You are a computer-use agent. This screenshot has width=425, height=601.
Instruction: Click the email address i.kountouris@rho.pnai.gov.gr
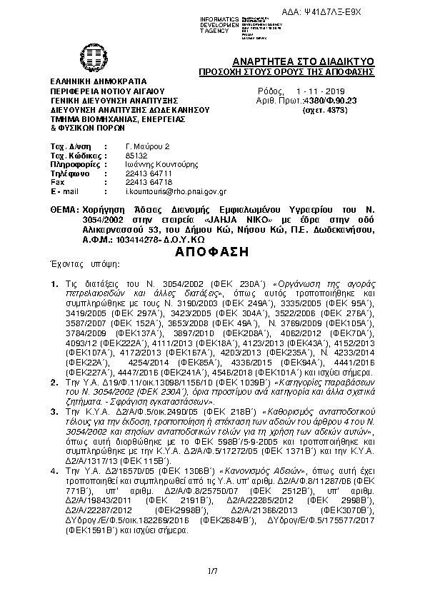click(176, 192)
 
